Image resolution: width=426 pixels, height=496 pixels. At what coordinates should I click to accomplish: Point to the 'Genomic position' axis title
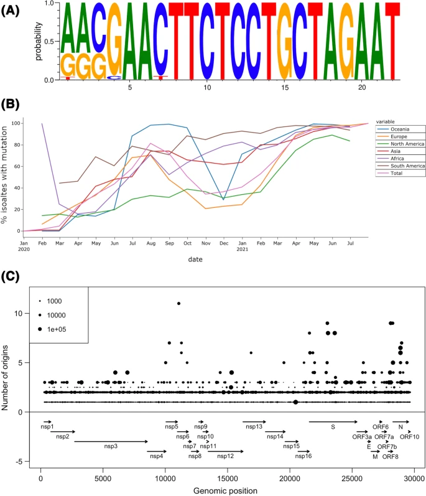point(226,490)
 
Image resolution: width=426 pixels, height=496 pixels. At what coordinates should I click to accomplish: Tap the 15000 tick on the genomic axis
point(227,478)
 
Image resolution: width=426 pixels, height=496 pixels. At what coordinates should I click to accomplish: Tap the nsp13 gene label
point(254,426)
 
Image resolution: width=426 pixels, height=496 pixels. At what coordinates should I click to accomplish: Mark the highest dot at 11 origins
point(178,303)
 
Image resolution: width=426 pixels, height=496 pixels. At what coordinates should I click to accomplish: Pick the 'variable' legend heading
point(388,122)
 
